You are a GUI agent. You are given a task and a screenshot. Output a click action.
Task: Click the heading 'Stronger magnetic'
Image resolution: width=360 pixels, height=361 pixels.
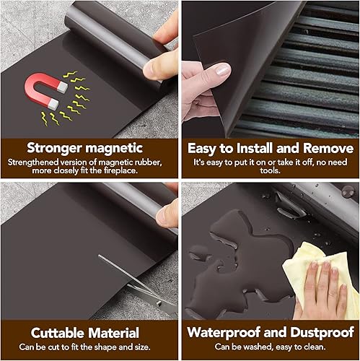click(89, 148)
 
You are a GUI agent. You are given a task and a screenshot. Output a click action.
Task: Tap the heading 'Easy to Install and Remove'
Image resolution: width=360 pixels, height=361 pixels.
click(270, 148)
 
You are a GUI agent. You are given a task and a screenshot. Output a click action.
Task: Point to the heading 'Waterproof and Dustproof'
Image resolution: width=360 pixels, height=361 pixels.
click(270, 333)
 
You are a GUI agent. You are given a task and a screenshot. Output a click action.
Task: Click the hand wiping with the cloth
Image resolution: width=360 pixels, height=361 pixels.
click(328, 285)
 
